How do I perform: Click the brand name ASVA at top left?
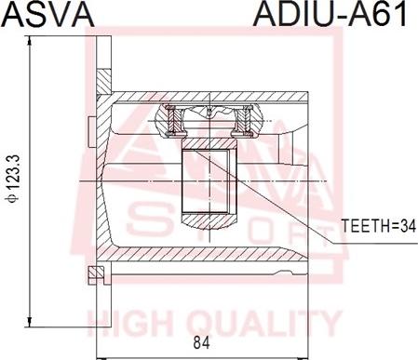coord(48,14)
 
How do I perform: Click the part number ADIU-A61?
coord(330,14)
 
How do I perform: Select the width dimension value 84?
coord(201,342)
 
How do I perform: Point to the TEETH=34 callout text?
coord(378,226)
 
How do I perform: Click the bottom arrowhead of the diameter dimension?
coord(30,322)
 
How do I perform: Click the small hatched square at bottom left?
coord(96,272)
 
